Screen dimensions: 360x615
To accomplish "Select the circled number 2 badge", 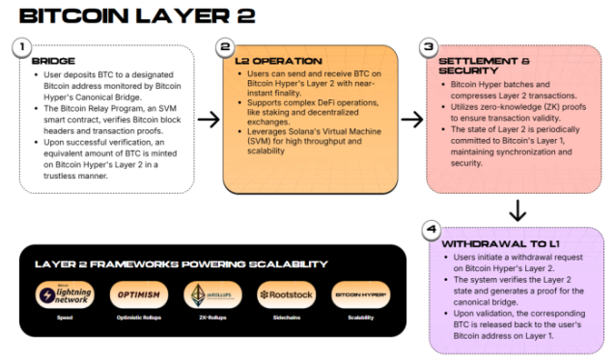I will (x=226, y=46).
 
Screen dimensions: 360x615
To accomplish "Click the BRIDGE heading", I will (x=53, y=61).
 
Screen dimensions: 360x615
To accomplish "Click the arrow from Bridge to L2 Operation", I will (x=208, y=120).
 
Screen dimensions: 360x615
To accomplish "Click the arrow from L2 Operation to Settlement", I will (x=412, y=120).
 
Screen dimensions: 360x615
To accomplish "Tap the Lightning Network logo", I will (x=64, y=294).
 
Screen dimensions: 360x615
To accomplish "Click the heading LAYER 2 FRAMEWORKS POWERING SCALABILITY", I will (x=181, y=263).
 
